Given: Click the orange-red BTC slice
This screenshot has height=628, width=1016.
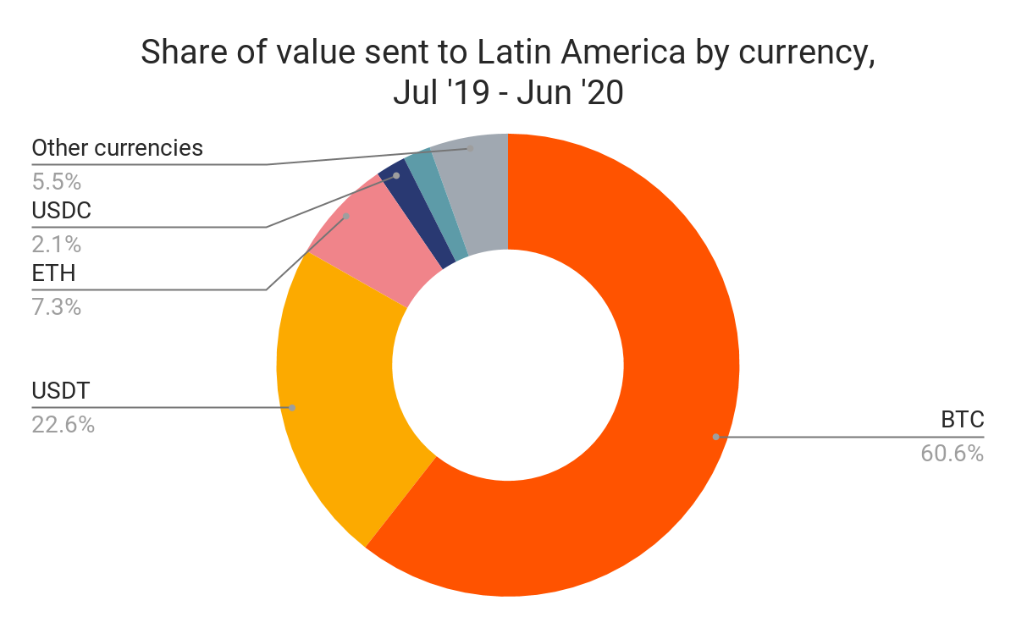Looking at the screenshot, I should tap(643, 474).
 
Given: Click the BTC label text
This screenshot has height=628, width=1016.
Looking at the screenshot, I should tap(962, 420).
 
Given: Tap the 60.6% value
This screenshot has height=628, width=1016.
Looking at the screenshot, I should tap(952, 454).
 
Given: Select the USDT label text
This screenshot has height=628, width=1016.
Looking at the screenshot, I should tap(61, 391).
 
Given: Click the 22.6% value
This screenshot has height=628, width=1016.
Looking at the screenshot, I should tap(63, 424).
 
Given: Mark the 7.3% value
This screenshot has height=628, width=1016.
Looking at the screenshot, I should tap(56, 307).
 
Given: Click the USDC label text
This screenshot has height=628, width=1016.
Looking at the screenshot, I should tap(61, 211).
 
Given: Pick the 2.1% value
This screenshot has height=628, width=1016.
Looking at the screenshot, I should tap(56, 245).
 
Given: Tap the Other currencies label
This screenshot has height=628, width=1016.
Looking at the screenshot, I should tap(118, 148).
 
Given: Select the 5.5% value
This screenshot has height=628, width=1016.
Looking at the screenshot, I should tap(56, 182).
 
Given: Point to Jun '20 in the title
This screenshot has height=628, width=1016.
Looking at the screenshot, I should tap(569, 93).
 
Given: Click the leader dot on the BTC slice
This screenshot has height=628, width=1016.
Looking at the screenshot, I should tap(715, 437).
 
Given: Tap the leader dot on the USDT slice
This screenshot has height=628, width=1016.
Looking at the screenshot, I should tap(292, 407).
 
